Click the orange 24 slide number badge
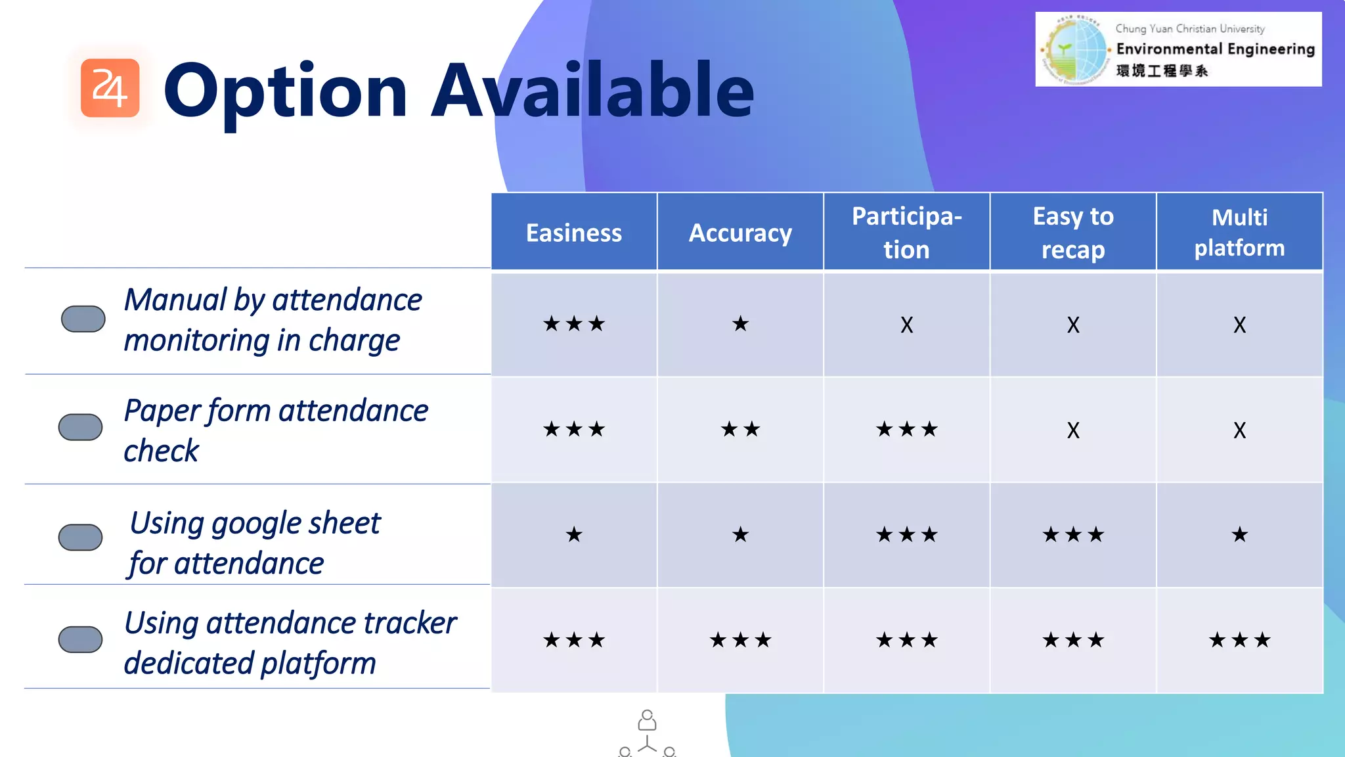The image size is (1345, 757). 110,88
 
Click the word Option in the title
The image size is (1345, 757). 285,91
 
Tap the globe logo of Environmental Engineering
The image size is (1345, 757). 1075,50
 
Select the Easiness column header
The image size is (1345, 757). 573,233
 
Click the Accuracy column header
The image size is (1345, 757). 740,233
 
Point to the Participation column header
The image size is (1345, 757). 906,233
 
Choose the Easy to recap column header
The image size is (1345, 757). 1072,233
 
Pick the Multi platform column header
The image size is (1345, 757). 1239,233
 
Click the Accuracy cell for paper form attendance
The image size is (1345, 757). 740,429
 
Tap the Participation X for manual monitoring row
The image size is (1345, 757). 906,325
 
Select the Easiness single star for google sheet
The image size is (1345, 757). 573,534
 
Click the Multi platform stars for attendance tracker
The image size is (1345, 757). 1239,639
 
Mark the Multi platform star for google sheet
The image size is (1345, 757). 1239,534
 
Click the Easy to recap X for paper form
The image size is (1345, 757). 1072,430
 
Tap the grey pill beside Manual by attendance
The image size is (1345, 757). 83,319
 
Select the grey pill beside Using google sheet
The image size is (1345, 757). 80,537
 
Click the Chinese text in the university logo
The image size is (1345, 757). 1161,70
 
